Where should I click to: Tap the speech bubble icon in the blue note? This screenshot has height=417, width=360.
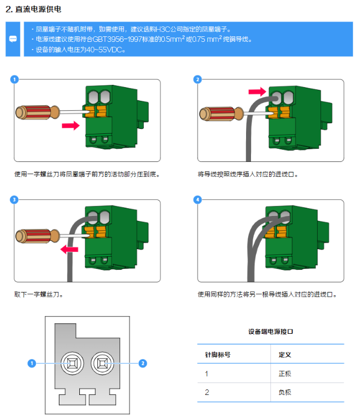pos(13,39)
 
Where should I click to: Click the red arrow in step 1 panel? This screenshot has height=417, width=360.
pos(71,126)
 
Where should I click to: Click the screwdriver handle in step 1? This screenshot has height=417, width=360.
pos(32,112)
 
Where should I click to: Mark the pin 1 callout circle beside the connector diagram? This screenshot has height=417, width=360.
pos(32,363)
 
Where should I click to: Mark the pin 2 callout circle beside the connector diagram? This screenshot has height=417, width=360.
pos(143,363)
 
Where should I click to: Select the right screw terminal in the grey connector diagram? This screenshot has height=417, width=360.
pos(101,363)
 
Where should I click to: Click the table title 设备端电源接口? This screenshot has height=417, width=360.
pos(270,332)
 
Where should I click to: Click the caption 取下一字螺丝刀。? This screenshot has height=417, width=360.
pos(39,294)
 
